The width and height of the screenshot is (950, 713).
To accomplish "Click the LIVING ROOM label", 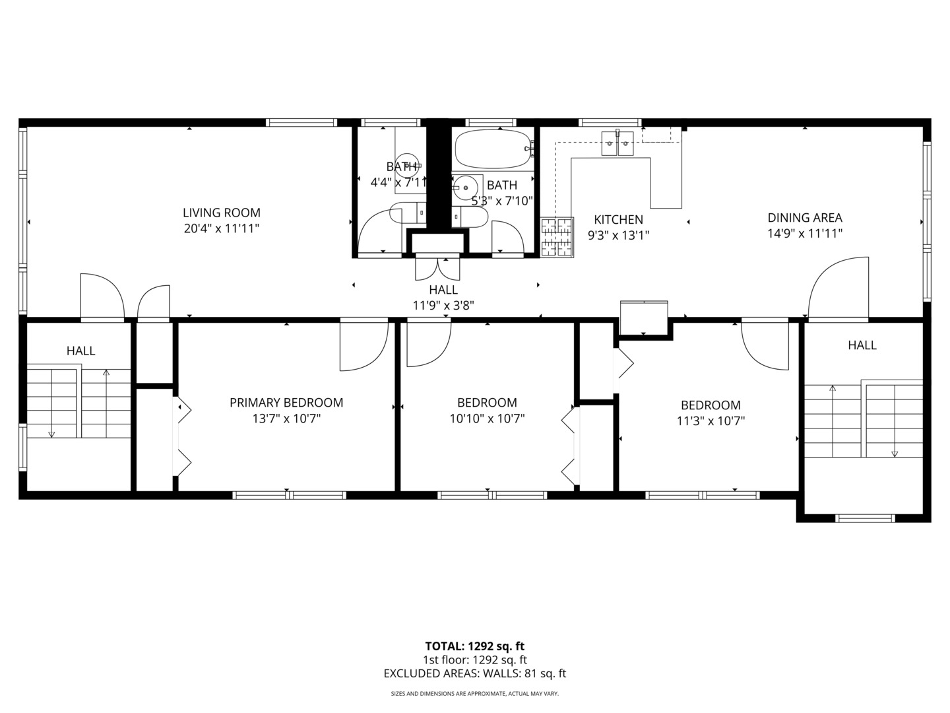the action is [x=221, y=213].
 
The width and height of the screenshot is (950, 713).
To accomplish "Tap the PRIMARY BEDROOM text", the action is [x=286, y=403].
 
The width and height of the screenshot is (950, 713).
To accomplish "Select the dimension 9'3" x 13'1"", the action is [x=618, y=235].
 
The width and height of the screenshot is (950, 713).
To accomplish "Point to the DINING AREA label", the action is [x=805, y=217].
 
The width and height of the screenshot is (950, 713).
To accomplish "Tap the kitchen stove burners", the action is [x=557, y=237].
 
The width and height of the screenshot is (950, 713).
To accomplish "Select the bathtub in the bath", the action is [x=493, y=149].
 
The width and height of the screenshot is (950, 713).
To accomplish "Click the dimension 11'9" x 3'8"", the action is [x=443, y=306].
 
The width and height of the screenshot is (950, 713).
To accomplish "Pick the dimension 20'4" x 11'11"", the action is [x=221, y=228].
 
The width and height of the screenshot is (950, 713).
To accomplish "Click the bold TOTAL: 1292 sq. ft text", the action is [x=474, y=646].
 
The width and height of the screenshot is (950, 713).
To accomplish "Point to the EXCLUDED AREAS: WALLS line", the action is [x=475, y=673].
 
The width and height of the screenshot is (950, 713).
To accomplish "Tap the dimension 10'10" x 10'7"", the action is [x=487, y=419].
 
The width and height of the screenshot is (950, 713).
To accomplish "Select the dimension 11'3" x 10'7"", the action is [x=711, y=421].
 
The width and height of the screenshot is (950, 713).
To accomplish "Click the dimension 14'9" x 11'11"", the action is [x=805, y=233].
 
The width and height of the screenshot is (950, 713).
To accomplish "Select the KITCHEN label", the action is [x=618, y=219].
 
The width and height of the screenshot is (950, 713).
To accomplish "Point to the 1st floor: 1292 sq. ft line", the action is [x=475, y=660].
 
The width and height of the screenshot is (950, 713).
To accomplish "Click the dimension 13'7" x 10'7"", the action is [x=286, y=419].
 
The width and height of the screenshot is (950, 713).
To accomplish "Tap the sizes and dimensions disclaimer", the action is [x=475, y=693].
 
